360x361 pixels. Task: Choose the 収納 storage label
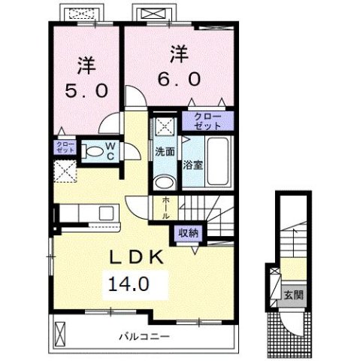pos(189,232)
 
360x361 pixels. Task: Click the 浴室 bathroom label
pos(193,165)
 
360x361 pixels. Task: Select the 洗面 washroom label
pos(164,151)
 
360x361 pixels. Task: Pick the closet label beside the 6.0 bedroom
pos(207,120)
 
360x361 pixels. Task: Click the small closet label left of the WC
pos(63,147)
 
